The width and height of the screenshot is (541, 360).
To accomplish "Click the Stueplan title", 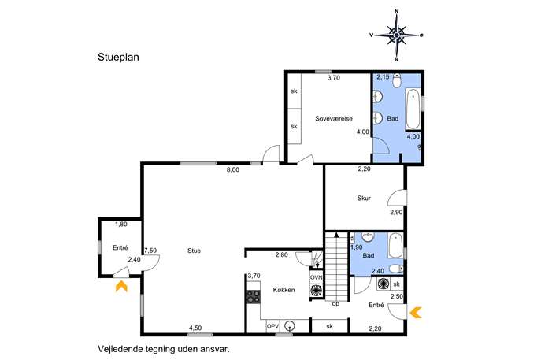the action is tap(118, 58).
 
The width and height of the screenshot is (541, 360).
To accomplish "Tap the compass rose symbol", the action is tap(397, 35).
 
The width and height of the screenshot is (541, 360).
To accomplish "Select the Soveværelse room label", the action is tap(334, 118).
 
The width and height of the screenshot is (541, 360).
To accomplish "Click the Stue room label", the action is tap(194, 251).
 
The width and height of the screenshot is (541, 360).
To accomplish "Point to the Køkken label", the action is tap(283, 290).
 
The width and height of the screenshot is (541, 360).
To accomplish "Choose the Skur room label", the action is tap(364, 199).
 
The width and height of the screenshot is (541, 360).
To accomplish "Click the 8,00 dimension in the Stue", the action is tap(233, 169).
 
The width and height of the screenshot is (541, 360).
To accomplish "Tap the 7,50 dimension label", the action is tap(150, 251).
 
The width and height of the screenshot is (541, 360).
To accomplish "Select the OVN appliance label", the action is tap(316, 277).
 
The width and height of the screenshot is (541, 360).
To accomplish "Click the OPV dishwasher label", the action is tap(272, 326).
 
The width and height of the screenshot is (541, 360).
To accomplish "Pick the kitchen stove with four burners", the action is tap(254, 297).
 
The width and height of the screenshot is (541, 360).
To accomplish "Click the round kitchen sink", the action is tap(291, 326).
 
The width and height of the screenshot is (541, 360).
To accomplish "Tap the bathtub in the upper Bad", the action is tap(413, 109).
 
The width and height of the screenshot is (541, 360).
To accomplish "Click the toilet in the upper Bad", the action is tap(397, 81).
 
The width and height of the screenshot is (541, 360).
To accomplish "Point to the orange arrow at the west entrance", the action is tap(121, 286).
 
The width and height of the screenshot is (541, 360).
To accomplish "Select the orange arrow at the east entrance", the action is tap(416, 313).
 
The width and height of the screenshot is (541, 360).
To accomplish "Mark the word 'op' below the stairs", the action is tap(335, 304).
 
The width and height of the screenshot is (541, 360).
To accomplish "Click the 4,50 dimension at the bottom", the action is tap(195, 328).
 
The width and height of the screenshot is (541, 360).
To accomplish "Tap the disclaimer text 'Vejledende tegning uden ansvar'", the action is tap(164, 349).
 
